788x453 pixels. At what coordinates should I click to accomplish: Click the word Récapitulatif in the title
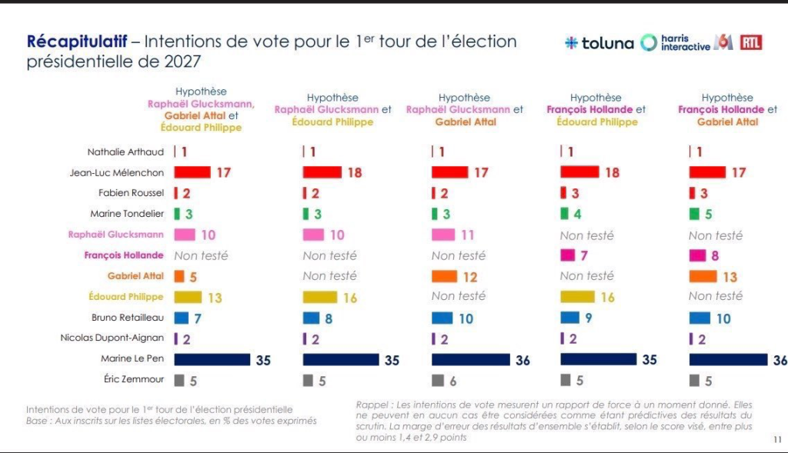click(76, 42)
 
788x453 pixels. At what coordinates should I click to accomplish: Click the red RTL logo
click(751, 43)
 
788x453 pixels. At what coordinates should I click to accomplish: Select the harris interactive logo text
click(686, 43)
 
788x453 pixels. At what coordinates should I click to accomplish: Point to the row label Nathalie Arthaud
click(125, 152)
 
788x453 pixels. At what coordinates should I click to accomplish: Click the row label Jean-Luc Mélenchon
click(117, 173)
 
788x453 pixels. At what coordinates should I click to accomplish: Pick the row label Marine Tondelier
click(127, 214)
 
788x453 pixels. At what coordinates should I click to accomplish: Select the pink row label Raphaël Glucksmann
click(115, 235)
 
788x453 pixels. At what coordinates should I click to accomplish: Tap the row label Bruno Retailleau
click(128, 318)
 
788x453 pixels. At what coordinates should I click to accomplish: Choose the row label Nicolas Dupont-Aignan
click(112, 338)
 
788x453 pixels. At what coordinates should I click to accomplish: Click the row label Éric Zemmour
click(134, 378)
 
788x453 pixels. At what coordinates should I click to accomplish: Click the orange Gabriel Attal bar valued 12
click(444, 276)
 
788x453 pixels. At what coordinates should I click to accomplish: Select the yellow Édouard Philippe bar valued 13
click(188, 297)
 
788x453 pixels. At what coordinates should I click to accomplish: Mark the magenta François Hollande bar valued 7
click(567, 255)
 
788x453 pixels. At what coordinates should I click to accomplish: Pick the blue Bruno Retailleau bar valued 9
click(570, 318)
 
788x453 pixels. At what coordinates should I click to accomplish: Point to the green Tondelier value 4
click(577, 215)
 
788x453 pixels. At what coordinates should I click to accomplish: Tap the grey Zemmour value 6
click(452, 381)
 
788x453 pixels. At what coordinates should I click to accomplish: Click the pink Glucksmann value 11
click(467, 235)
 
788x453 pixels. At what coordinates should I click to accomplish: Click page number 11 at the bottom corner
click(777, 439)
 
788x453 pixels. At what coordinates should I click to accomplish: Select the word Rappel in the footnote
click(372, 405)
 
